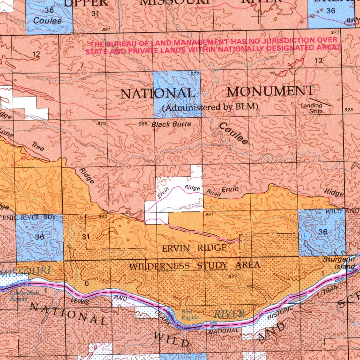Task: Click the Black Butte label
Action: point(171,124)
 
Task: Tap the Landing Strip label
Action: point(311,109)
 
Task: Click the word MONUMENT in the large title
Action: point(270,91)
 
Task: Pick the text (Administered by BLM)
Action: point(210,107)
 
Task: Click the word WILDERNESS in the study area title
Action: point(159,266)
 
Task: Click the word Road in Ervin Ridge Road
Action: point(214,192)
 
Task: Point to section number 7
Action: point(82,65)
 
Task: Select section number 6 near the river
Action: point(87,283)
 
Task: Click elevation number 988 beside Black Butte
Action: point(143,124)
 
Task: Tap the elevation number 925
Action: point(348,110)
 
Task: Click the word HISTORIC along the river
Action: point(281,315)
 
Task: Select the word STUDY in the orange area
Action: point(210,266)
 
